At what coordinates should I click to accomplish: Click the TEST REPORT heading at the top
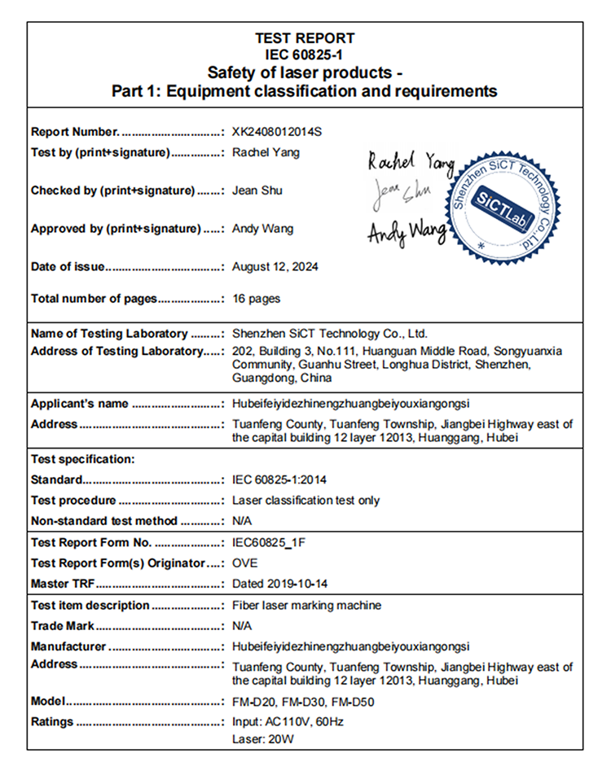click(x=305, y=37)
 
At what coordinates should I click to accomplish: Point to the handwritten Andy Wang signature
click(x=407, y=232)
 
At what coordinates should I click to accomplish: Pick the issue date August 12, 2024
click(x=275, y=266)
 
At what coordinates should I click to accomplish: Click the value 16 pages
click(x=257, y=299)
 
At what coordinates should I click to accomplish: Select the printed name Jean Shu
click(x=257, y=190)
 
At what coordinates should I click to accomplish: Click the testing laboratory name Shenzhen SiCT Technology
click(x=330, y=334)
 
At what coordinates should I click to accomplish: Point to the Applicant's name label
click(x=80, y=404)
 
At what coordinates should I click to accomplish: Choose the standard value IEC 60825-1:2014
click(x=279, y=480)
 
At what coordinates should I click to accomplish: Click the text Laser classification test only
click(x=306, y=501)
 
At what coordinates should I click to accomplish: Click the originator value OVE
click(x=245, y=563)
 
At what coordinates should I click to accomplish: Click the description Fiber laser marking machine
click(x=307, y=606)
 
